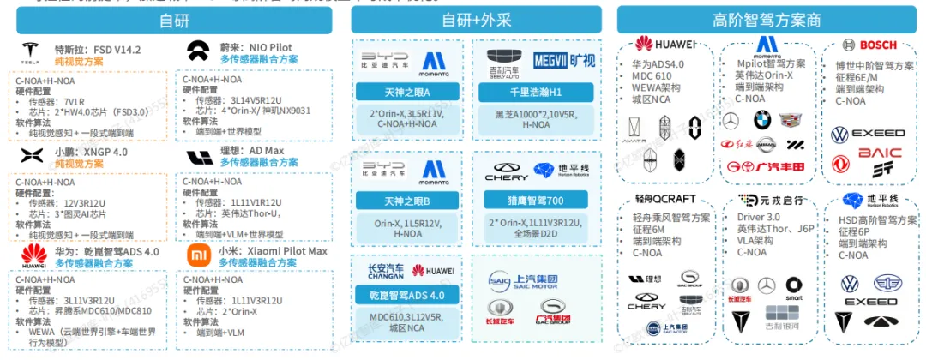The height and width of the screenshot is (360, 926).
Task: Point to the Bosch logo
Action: [869, 45]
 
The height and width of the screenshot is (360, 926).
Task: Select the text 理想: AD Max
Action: [252, 151]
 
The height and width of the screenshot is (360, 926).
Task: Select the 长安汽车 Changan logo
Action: [386, 272]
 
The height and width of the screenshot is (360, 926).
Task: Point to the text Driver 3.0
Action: [760, 218]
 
